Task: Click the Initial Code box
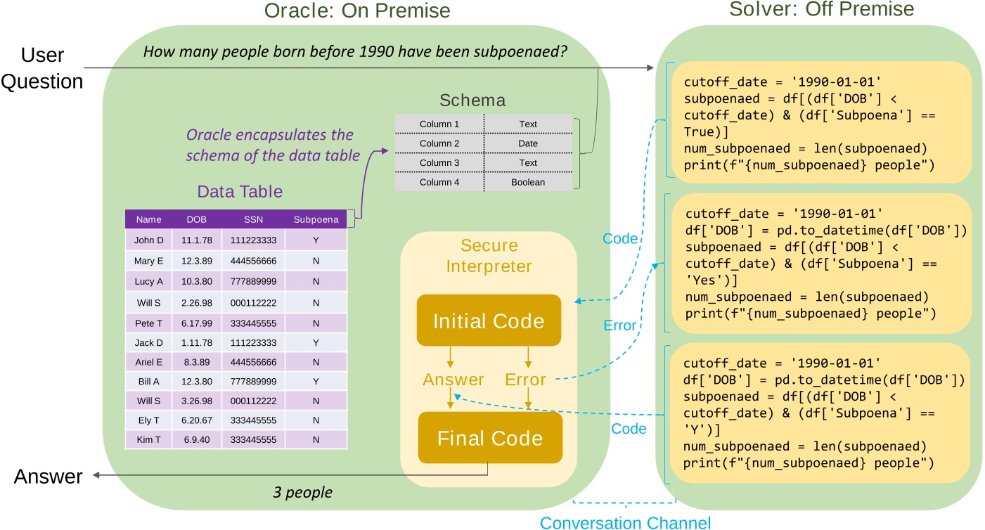pyautogui.click(x=489, y=321)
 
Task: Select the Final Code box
pyautogui.click(x=489, y=438)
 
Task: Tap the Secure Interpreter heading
pyautogui.click(x=489, y=256)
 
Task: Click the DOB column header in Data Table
pyautogui.click(x=191, y=219)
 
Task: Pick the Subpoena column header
pyautogui.click(x=316, y=219)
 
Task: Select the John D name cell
pyautogui.click(x=148, y=240)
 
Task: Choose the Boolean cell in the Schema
pyautogui.click(x=528, y=182)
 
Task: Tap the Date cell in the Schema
pyautogui.click(x=528, y=143)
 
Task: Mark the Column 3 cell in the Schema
pyautogui.click(x=439, y=162)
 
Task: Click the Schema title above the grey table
pyautogui.click(x=472, y=101)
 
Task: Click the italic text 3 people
pyautogui.click(x=302, y=492)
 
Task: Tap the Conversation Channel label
pyautogui.click(x=625, y=522)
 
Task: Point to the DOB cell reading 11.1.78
pyautogui.click(x=191, y=240)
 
